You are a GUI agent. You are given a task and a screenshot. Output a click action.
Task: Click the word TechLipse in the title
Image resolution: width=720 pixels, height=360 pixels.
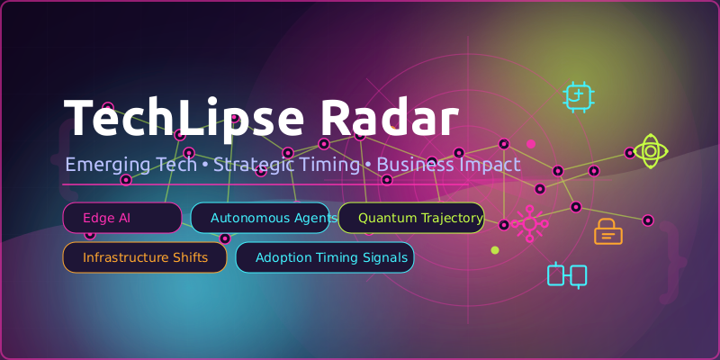(x=181, y=117)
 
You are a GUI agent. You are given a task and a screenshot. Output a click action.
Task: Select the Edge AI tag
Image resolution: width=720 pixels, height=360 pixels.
(x=121, y=218)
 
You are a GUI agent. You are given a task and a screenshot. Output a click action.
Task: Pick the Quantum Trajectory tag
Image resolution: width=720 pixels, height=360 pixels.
(x=411, y=218)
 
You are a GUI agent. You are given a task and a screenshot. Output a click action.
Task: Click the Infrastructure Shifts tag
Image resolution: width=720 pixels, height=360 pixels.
(x=144, y=257)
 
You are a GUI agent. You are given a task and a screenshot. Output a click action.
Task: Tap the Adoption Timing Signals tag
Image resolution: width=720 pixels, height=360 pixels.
(x=324, y=257)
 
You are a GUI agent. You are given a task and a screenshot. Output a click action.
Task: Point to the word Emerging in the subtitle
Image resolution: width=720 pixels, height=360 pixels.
(x=102, y=166)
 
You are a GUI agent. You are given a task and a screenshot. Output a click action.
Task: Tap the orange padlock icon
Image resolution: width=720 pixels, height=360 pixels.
(x=607, y=233)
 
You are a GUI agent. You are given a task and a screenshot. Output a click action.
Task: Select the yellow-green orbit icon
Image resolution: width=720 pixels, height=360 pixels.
(x=650, y=151)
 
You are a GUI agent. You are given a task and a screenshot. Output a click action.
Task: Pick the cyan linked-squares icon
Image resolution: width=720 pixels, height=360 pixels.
(x=567, y=275)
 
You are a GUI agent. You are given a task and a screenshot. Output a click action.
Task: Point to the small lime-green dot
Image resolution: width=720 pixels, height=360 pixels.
(x=494, y=250)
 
